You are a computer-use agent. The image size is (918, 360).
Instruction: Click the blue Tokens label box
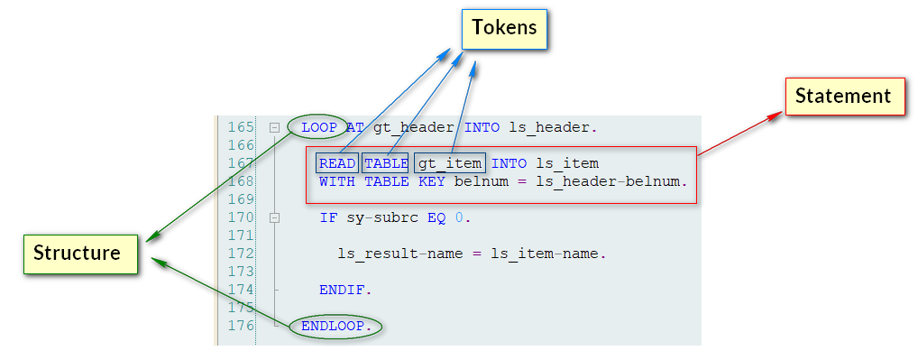click(x=504, y=28)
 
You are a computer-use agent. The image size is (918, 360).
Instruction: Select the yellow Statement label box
click(x=843, y=96)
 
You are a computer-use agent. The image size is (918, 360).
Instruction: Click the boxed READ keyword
click(x=337, y=163)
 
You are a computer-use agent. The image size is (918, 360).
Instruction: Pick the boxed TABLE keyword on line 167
click(x=386, y=163)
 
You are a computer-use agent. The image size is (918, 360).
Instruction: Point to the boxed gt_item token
click(x=450, y=163)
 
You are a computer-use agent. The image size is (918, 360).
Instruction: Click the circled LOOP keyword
click(x=318, y=127)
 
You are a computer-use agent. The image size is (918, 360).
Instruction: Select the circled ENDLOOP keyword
click(x=336, y=326)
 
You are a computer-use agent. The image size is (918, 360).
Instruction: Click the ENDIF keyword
click(x=345, y=290)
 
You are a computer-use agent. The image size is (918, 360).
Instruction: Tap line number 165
click(x=241, y=127)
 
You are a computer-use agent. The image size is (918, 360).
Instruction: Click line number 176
click(x=241, y=326)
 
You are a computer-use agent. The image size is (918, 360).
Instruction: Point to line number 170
click(x=241, y=217)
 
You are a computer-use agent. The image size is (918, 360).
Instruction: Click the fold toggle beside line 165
click(x=274, y=127)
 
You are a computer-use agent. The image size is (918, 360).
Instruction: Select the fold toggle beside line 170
click(x=274, y=217)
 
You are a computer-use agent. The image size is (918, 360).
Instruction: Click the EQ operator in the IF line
click(x=436, y=217)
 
